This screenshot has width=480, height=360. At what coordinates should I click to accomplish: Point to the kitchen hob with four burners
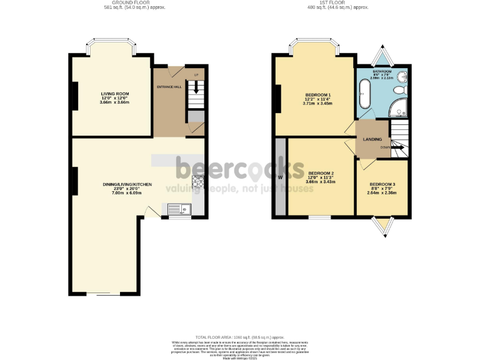(x=199, y=182)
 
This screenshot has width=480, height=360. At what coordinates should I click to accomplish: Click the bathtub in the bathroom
(x=364, y=95)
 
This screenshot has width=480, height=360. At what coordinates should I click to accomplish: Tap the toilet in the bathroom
(x=401, y=92)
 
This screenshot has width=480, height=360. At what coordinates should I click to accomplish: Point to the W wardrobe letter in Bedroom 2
(x=280, y=176)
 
